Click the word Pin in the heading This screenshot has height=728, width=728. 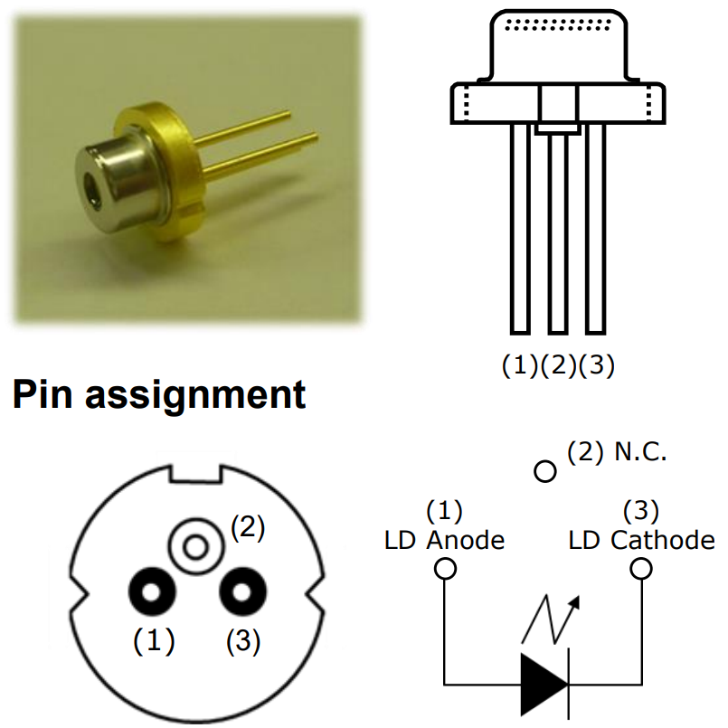(43, 394)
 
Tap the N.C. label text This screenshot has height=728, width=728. (640, 451)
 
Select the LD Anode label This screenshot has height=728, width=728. (444, 541)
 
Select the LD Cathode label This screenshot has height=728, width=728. (642, 541)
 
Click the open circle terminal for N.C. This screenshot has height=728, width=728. (545, 471)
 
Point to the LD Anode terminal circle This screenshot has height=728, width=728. (445, 569)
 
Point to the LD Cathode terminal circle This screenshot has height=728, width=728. (641, 569)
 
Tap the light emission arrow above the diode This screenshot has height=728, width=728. (551, 619)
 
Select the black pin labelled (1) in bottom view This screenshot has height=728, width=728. (152, 591)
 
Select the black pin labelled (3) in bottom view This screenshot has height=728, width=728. (242, 591)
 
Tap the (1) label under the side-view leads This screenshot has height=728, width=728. (519, 365)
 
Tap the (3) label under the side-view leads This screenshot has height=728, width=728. (597, 365)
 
